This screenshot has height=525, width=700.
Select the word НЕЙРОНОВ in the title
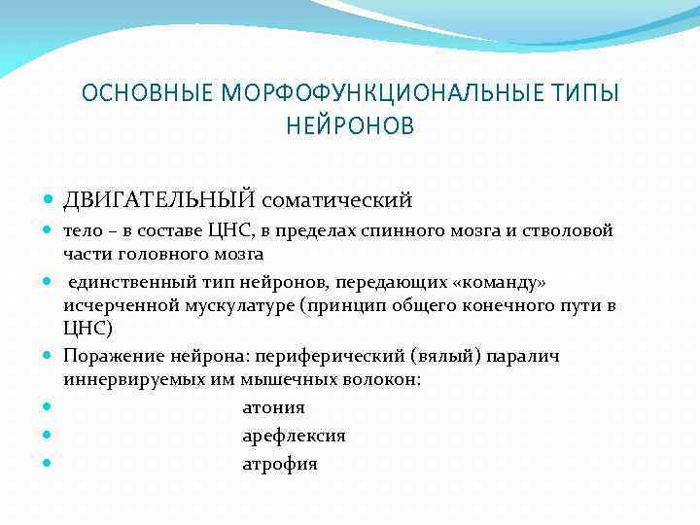point(350,125)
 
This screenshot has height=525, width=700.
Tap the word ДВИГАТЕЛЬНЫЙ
point(160,200)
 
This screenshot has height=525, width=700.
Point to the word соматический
point(336,200)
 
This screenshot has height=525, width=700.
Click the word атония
point(273,408)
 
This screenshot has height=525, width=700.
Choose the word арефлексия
point(294,437)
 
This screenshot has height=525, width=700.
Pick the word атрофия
point(280,465)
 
